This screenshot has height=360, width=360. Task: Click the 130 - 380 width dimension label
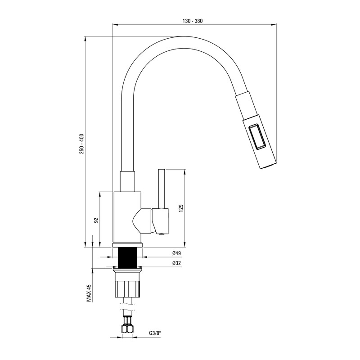pos(193,21)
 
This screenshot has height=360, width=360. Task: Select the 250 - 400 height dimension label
pos(82,144)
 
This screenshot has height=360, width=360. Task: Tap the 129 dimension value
pos(181,208)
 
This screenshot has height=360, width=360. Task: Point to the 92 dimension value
pos(96,220)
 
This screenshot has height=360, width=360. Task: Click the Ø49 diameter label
pos(176,253)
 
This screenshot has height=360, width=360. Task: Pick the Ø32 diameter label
pos(176,263)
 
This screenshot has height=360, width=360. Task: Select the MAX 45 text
pos(89,293)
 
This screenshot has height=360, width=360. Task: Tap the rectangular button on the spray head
pos(257,137)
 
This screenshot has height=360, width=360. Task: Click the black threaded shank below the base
pos(127,257)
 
